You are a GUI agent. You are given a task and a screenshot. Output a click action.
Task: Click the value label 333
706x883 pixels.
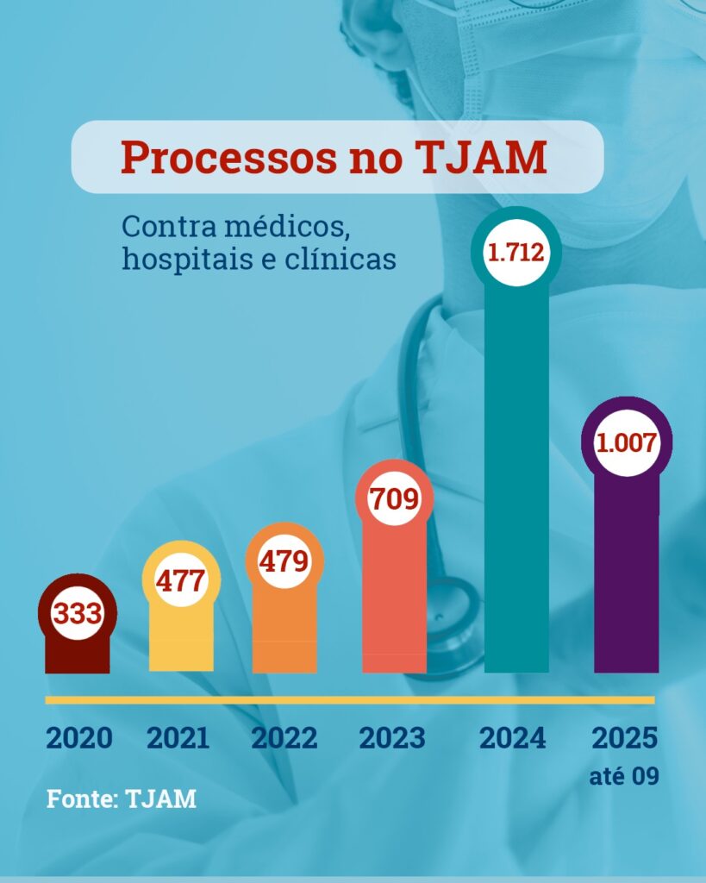point(78,615)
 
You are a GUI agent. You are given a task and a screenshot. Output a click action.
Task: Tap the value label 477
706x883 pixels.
point(181,579)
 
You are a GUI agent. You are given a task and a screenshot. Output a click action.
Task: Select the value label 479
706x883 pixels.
point(284,561)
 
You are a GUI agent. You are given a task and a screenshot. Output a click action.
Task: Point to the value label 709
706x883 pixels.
point(394,498)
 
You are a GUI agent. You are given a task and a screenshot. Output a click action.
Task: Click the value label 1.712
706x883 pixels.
point(516,253)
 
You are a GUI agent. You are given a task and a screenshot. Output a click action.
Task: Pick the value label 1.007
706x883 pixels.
point(627,444)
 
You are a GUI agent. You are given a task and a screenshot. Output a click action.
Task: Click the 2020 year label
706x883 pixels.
point(78,738)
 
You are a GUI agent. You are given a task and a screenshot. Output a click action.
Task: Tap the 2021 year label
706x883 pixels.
point(178,738)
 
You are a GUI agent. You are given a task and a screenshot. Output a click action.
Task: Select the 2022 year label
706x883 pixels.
point(284,738)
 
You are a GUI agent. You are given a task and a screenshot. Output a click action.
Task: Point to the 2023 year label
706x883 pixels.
point(392,738)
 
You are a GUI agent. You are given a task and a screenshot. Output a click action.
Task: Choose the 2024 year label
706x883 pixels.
point(513,738)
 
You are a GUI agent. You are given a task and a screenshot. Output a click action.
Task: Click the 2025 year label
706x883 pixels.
point(625,738)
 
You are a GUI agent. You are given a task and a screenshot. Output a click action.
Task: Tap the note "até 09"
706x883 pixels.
point(625,776)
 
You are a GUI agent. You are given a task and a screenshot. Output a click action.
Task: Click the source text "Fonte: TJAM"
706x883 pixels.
point(122,798)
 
